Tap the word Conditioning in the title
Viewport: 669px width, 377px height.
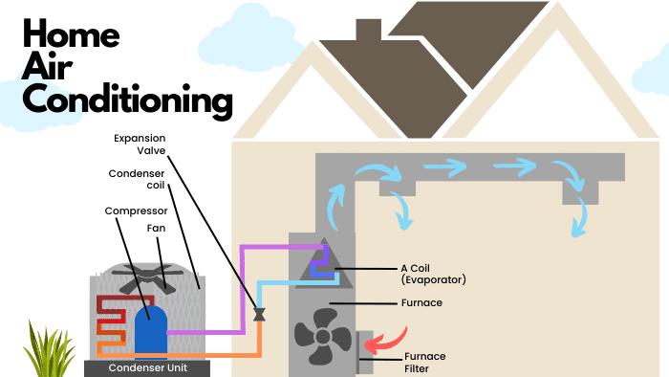[127, 99]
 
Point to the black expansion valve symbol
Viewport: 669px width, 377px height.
[258, 313]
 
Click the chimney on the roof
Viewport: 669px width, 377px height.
[367, 30]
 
